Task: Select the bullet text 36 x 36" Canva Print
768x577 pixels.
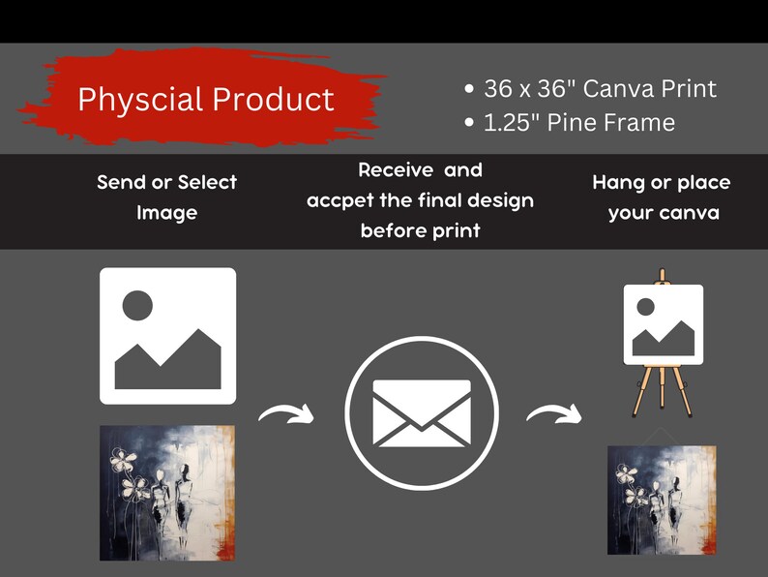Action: (599, 89)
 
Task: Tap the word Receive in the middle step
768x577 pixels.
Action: (397, 171)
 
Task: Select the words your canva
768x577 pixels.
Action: (664, 213)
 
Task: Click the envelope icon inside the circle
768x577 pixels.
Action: (422, 414)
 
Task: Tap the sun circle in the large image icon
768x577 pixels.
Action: (138, 306)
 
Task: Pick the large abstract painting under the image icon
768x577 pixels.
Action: (167, 493)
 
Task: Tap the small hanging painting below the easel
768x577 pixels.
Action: (663, 500)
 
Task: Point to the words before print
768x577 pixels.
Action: (421, 232)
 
